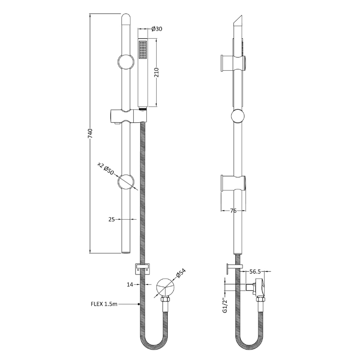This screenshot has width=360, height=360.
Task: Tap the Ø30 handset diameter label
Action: click(x=157, y=29)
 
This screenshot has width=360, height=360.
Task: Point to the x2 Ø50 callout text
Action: click(x=106, y=168)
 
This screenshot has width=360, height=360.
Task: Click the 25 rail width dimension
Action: click(x=112, y=219)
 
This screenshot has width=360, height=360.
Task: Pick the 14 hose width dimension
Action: click(x=130, y=284)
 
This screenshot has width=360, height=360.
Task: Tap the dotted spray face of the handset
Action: click(x=143, y=49)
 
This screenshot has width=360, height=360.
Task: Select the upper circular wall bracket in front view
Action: click(x=126, y=61)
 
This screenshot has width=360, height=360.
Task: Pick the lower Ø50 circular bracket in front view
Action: click(x=126, y=183)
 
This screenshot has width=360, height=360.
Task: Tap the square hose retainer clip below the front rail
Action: click(x=141, y=269)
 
